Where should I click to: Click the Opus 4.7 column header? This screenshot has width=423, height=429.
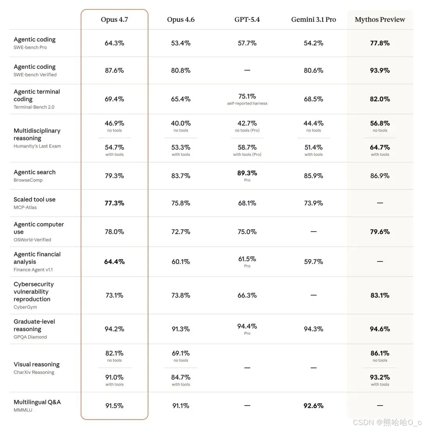(x=114, y=20)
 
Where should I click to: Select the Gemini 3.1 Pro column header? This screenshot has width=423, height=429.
(x=313, y=20)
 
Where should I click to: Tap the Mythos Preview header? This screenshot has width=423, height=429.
(x=380, y=20)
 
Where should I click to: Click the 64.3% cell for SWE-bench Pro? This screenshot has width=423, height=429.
(x=114, y=43)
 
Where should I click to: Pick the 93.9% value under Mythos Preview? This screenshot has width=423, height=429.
(x=380, y=70)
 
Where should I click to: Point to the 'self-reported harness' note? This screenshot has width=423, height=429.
(x=247, y=103)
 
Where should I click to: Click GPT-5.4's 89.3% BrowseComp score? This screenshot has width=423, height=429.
(x=247, y=173)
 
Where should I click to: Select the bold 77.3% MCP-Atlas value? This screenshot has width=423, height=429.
(x=114, y=203)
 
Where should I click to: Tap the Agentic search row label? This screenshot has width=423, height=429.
(x=34, y=172)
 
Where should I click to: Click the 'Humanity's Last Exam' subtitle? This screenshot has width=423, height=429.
(x=37, y=146)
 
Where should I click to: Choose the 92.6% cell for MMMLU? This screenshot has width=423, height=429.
(x=313, y=406)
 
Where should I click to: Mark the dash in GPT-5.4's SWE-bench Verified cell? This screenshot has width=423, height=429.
(x=247, y=70)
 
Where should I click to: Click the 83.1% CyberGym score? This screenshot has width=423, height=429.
(x=380, y=295)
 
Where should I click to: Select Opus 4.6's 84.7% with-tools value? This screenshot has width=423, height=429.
(x=181, y=377)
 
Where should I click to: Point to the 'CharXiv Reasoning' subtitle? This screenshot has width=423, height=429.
(x=34, y=372)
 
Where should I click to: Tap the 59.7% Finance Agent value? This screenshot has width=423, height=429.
(x=313, y=261)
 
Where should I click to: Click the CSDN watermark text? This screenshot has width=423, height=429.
(x=387, y=422)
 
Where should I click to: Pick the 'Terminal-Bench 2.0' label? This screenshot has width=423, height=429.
(x=34, y=107)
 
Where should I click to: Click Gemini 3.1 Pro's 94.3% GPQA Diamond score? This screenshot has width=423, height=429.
(x=313, y=329)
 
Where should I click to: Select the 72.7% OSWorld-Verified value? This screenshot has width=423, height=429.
(x=181, y=232)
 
